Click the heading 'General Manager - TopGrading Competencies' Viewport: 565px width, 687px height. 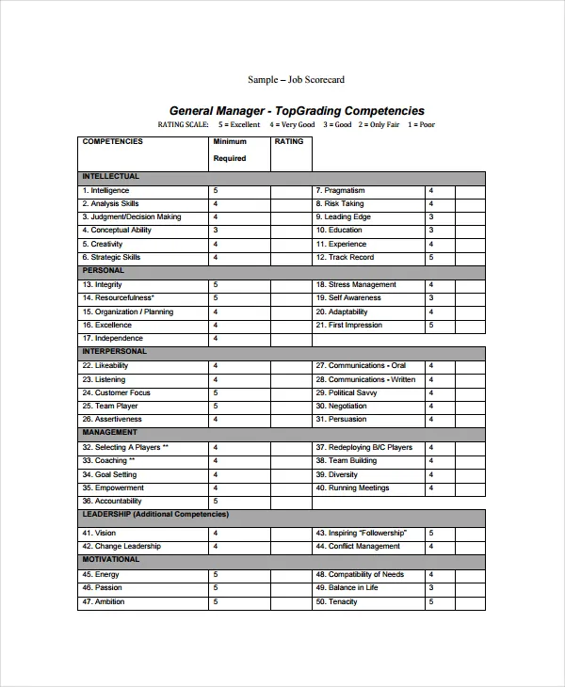[296, 111]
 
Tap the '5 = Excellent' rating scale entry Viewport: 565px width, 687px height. [239, 125]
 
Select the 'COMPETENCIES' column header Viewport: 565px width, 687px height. [113, 142]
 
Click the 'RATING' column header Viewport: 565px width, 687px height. [289, 142]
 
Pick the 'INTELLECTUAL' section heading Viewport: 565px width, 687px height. [111, 177]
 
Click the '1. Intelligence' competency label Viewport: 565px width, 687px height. [105, 191]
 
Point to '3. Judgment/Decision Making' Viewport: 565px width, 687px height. [132, 217]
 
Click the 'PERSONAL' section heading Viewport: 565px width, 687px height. [104, 271]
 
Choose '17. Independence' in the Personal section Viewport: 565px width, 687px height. [113, 338]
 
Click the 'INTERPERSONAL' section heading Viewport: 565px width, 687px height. [115, 352]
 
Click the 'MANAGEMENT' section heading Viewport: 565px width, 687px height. [111, 433]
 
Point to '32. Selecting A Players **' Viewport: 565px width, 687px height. [125, 447]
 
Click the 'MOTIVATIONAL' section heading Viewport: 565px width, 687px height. [111, 560]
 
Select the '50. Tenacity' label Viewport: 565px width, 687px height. [337, 601]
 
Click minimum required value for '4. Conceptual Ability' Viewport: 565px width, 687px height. [216, 231]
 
